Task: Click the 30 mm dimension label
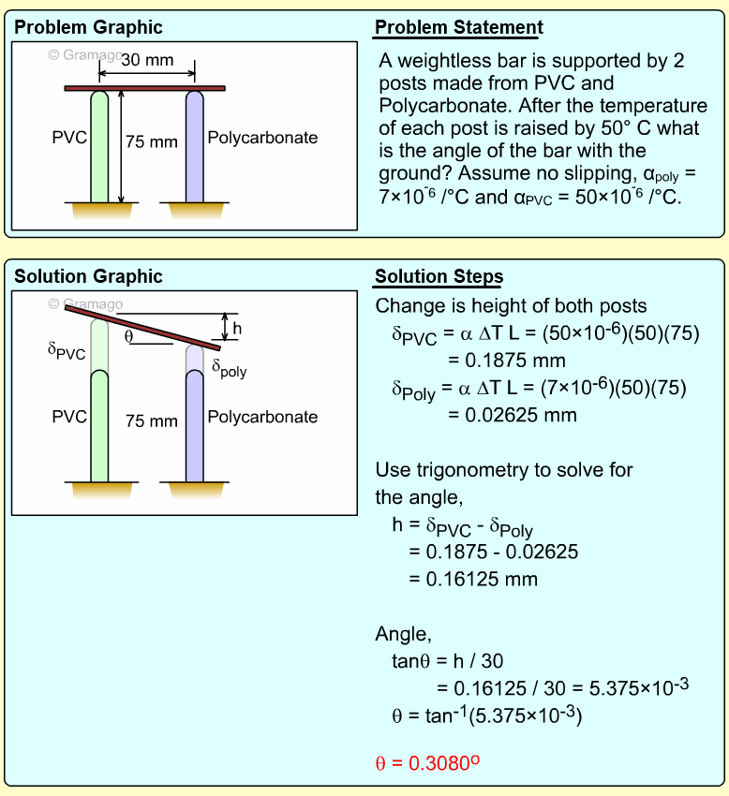[x=148, y=60]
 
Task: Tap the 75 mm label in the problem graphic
[x=151, y=141]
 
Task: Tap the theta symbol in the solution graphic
[x=128, y=335]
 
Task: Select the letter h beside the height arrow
[x=237, y=328]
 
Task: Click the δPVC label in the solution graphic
[x=66, y=351]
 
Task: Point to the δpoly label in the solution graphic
[x=229, y=369]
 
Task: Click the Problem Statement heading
[x=458, y=28]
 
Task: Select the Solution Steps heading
[x=439, y=277]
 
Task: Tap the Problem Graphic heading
[x=88, y=28]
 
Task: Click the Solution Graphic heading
[x=88, y=277]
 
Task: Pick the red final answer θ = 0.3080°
[x=427, y=762]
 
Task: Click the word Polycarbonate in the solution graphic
[x=262, y=417]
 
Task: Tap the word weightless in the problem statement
[x=440, y=61]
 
